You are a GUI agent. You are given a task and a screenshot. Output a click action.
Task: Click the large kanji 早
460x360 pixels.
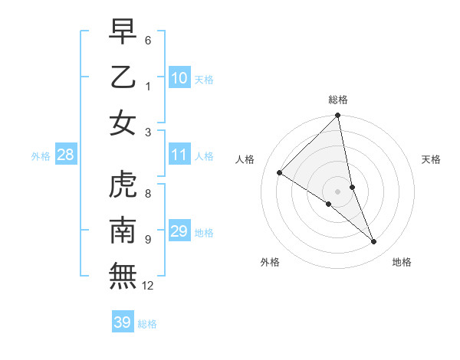(123, 32)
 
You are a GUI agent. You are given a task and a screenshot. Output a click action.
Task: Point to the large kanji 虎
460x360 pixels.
(123, 185)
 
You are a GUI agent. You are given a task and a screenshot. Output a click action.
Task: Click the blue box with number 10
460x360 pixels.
(179, 77)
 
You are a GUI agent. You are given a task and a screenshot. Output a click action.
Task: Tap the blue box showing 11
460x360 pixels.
(179, 155)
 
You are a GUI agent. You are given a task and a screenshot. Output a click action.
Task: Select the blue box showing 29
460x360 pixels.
(179, 231)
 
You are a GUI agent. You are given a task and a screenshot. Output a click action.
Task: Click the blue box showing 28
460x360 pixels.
(66, 155)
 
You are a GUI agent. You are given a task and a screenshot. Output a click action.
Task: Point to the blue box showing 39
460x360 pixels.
(123, 322)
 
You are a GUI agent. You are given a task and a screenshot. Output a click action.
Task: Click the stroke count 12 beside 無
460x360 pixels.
(148, 286)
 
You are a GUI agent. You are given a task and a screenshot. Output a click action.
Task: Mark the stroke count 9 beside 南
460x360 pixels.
(148, 240)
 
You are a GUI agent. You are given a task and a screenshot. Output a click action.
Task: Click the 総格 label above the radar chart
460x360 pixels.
(338, 100)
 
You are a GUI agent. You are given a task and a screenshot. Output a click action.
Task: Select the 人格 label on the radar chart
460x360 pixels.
(246, 159)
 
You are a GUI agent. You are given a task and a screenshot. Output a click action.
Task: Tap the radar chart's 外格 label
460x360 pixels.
(269, 262)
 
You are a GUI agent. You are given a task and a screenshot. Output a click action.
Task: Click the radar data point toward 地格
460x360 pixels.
(374, 242)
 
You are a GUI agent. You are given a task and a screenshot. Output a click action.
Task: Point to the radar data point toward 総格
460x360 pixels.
(338, 116)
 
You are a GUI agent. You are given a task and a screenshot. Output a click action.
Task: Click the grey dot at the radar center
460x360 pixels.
(338, 191)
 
